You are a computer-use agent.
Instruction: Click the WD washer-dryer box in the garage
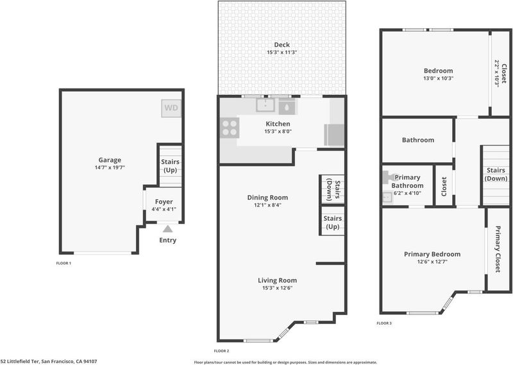[171, 108]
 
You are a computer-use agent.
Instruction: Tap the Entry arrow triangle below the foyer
[167, 229]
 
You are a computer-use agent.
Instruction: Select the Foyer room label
[164, 201]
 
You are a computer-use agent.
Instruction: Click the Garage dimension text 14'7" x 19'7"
[110, 167]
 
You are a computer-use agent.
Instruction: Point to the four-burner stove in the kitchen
[230, 128]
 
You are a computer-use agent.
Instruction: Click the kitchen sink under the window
[265, 105]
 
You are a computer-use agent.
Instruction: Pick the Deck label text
[282, 44]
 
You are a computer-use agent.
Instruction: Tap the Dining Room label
[267, 198]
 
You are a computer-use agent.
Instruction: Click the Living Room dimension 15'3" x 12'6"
[278, 288]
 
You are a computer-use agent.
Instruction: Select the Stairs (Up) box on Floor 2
[332, 221]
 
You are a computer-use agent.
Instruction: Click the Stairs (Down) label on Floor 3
[496, 174]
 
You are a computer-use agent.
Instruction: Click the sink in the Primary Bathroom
[387, 198]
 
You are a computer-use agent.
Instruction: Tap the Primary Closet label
[498, 249]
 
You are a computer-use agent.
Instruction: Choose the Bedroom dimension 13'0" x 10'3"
[439, 78]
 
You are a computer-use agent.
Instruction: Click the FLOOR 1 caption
[63, 263]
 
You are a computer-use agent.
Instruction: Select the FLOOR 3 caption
[383, 323]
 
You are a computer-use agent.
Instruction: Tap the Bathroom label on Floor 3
[418, 140]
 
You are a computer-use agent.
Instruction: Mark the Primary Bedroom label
[432, 254]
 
